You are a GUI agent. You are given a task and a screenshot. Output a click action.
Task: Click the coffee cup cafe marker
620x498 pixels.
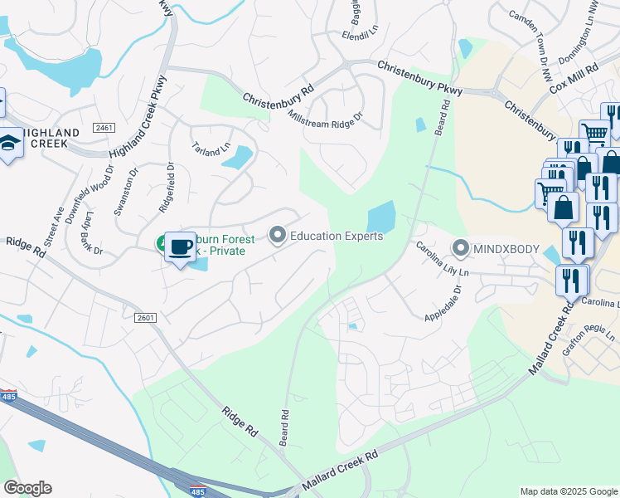[180, 247]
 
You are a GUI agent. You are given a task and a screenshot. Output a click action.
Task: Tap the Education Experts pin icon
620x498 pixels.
[277, 237]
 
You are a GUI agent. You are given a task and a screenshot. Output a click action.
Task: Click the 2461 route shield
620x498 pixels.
[104, 128]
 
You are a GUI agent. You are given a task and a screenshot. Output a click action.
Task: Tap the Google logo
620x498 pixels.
[27, 488]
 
